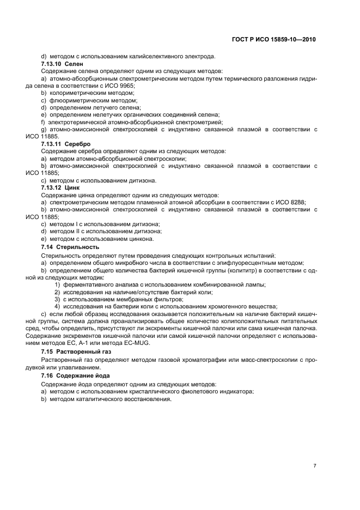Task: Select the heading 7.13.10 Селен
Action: click(62, 64)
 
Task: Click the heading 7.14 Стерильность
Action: click(70, 247)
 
